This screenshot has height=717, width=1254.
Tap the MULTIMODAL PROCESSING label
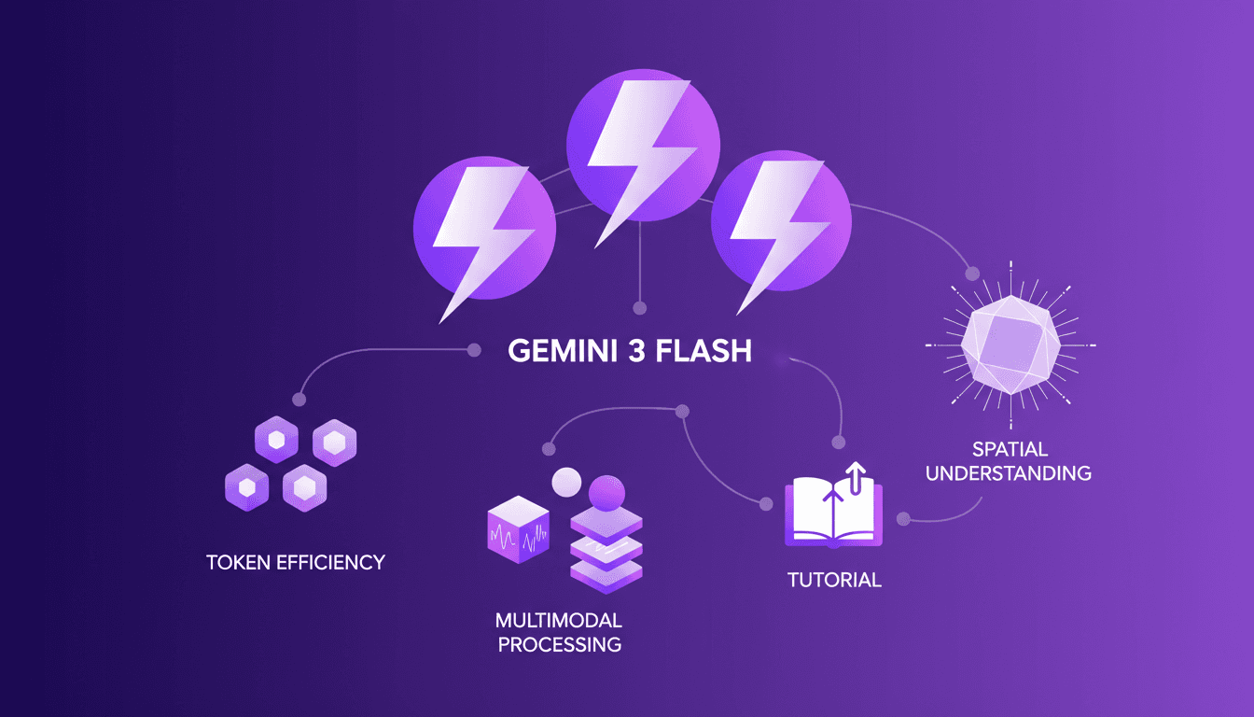pos(558,632)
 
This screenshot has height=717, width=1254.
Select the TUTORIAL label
pos(833,580)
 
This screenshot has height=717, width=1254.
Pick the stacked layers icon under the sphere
pos(606,550)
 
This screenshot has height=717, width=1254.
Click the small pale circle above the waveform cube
pos(566,482)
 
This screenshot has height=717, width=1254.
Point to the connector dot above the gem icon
pos(971,274)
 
